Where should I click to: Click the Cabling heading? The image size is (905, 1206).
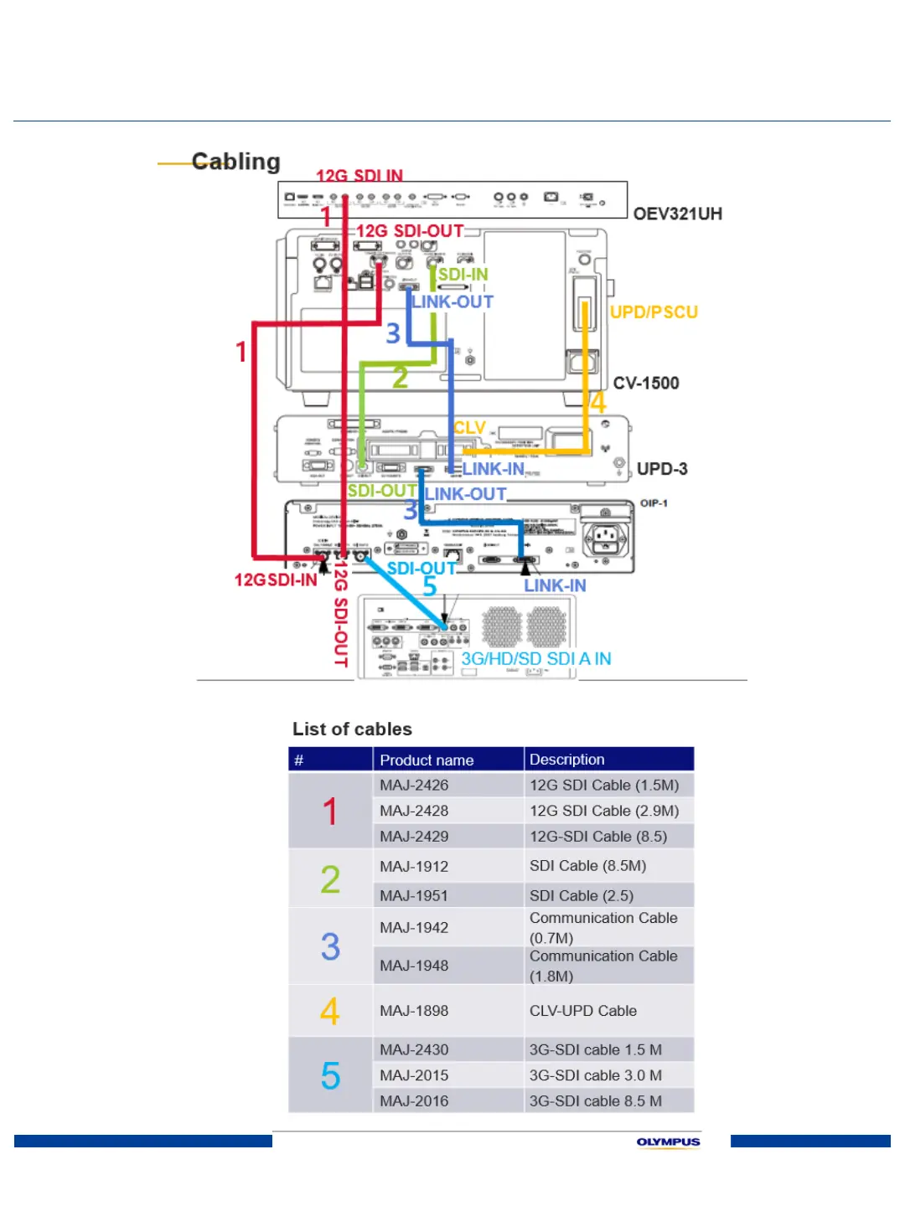[x=235, y=162]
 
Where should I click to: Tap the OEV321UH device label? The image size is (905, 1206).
[x=677, y=214]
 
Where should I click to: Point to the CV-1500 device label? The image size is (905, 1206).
[x=645, y=384]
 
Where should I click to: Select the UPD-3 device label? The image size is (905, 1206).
[x=661, y=469]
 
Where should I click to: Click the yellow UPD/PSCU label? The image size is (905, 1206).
[x=654, y=312]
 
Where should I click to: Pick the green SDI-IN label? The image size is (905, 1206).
[x=463, y=275]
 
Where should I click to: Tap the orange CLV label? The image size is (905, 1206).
[x=469, y=428]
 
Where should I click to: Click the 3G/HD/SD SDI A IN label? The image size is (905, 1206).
[x=536, y=659]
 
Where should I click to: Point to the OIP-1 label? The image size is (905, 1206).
[x=654, y=503]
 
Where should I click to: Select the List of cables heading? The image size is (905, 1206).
[x=352, y=729]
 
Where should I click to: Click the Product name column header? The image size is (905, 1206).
[x=427, y=760]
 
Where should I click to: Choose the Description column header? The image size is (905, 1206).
[x=566, y=760]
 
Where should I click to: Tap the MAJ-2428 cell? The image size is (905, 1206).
[x=414, y=811]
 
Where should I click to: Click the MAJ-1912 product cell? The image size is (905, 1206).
[x=414, y=866]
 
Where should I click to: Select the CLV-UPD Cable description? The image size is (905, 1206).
[x=583, y=1011]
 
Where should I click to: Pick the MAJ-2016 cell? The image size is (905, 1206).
[x=414, y=1100]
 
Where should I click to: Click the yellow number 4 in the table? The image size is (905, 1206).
[x=330, y=1011]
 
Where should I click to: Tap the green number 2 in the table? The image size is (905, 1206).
[x=330, y=879]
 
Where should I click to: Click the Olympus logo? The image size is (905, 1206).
[x=668, y=1142]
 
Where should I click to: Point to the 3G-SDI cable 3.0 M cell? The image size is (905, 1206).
[x=595, y=1075]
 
